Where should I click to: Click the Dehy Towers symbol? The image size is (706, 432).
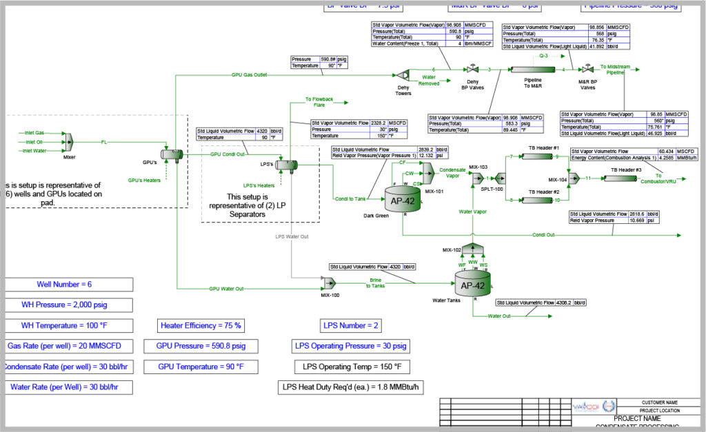click(403, 74)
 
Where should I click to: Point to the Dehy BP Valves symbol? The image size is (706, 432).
click(473, 70)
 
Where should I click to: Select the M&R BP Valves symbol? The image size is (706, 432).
click(586, 70)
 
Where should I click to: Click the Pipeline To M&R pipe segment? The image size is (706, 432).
click(529, 70)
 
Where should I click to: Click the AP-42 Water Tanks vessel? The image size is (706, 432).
click(472, 283)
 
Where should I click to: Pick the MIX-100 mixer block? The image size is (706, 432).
click(327, 282)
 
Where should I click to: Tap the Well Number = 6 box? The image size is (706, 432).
click(68, 285)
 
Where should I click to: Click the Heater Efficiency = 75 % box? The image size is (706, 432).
click(200, 325)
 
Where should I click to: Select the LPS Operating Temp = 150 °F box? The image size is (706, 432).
click(351, 366)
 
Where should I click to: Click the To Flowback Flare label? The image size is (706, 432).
click(319, 102)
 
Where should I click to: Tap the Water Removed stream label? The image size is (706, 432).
click(429, 80)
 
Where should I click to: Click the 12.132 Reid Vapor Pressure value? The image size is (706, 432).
click(432, 155)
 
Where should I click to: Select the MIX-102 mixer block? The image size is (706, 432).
click(472, 247)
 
